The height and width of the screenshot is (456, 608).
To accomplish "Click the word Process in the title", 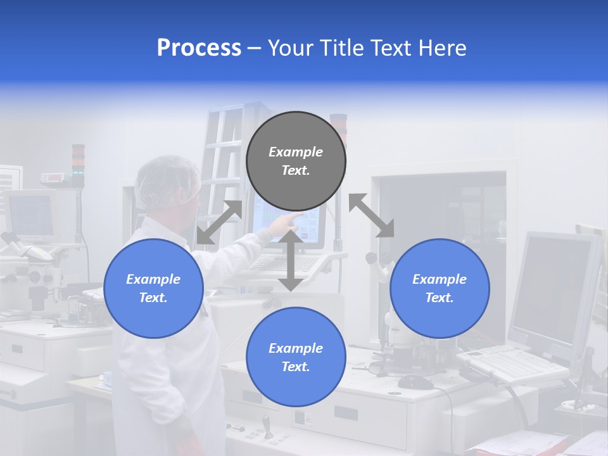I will pos(199,48).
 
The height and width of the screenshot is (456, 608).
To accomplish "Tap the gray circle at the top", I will pos(296,161).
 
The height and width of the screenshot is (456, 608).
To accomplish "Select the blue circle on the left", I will pos(153,288).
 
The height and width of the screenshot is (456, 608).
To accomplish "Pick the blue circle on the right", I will pos(440,288).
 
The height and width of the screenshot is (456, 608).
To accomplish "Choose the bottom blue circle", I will pos(296,357).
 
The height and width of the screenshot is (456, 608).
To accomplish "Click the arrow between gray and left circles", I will pos(219,222).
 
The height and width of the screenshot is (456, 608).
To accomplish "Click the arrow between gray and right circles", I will pos(372,216).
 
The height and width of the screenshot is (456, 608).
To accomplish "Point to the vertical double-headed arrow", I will pos(291,260).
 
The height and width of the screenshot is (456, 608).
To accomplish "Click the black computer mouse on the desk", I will pos(415,382).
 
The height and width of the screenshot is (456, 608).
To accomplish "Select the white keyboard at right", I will pos(512,364).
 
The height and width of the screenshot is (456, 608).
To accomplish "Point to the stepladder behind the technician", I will pos(222,152).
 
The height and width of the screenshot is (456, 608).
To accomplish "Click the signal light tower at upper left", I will pos(78,163).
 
